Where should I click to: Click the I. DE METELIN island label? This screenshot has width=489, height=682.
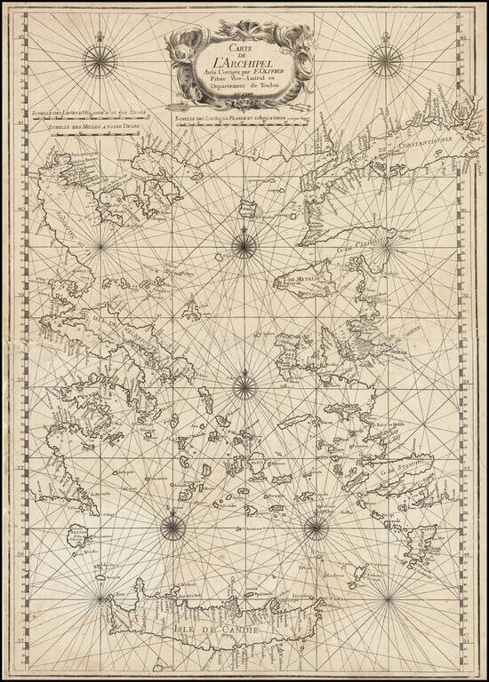(x=304, y=282)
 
